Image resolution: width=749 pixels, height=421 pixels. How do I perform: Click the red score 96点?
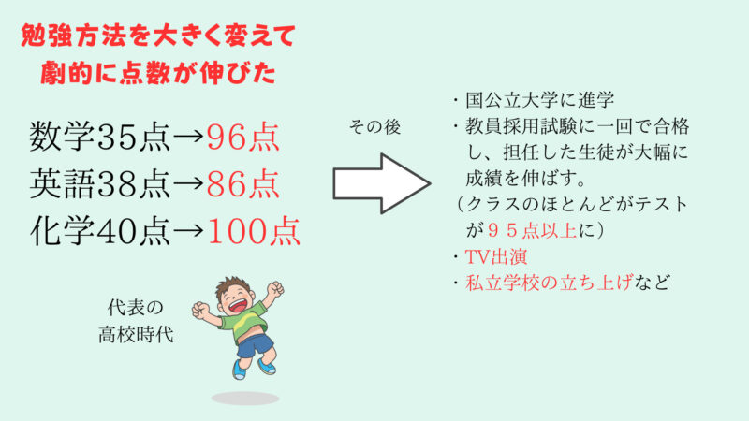point(242,138)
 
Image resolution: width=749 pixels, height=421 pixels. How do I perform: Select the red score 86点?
point(242,183)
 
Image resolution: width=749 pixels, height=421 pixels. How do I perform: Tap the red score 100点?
point(254,231)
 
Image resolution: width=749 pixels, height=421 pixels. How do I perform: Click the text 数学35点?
point(100,138)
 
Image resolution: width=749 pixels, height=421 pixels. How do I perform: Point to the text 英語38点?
point(100,183)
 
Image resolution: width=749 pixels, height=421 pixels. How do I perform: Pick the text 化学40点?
point(100,231)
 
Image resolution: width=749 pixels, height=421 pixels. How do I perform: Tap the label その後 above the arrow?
point(375,127)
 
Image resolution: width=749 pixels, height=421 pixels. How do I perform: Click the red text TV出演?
point(496,256)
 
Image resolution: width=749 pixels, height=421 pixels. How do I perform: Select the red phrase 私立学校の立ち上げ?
point(550,283)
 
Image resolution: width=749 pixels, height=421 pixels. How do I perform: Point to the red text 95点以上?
point(532,230)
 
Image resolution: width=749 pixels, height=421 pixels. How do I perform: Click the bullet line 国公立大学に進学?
point(540,100)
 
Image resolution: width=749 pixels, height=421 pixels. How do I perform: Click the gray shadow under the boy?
point(245,399)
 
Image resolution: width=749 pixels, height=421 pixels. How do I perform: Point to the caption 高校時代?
point(136,335)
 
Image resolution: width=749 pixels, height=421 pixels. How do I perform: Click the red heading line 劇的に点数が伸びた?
point(158,73)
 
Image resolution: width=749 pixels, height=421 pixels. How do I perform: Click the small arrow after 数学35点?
point(189,138)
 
